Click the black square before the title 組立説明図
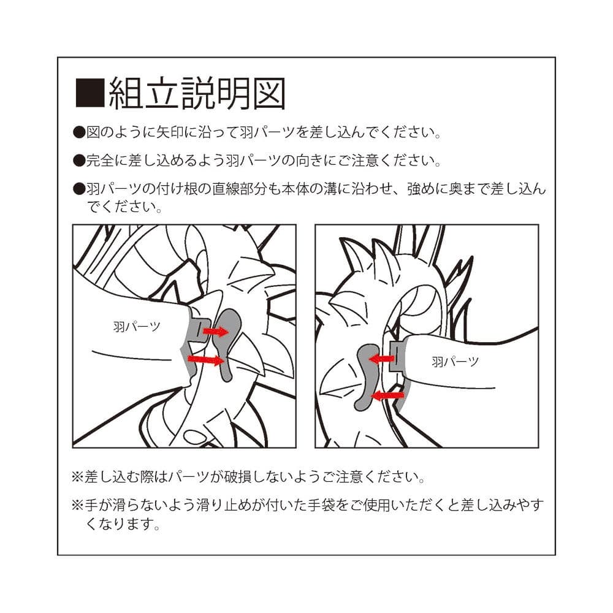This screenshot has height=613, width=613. pos(90,93)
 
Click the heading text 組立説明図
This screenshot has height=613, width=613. pos(197,93)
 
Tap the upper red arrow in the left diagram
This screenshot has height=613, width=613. pos(215,332)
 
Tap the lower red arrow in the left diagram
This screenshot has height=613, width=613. pos(207,360)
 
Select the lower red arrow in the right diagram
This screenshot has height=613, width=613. pos(387,395)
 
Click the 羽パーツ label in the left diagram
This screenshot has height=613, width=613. pos(137,327)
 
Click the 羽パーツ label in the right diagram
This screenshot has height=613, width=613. pos(455,362)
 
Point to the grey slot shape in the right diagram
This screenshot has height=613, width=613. pos(365,375)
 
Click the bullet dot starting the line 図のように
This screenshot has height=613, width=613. pos(79,132)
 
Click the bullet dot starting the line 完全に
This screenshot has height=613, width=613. pos(79,161)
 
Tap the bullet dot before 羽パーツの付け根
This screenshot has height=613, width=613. pos(79,189)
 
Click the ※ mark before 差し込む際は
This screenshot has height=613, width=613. pos(77,476)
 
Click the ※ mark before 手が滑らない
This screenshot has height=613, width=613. pos(77,505)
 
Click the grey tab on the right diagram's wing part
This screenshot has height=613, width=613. pos(396,356)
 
